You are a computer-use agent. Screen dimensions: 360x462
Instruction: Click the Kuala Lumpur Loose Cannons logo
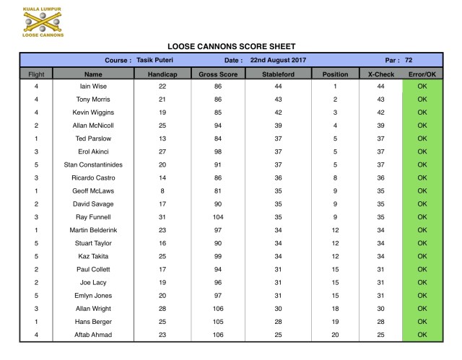43,22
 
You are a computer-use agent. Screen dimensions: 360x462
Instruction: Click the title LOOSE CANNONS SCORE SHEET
231,45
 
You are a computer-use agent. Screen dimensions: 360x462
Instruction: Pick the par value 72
409,61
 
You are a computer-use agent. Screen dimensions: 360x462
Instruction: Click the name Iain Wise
93,87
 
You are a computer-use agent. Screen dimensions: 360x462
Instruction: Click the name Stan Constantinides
93,164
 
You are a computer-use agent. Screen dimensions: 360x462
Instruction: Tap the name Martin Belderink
93,229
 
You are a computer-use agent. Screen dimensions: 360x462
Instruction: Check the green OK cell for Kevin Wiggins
422,113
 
